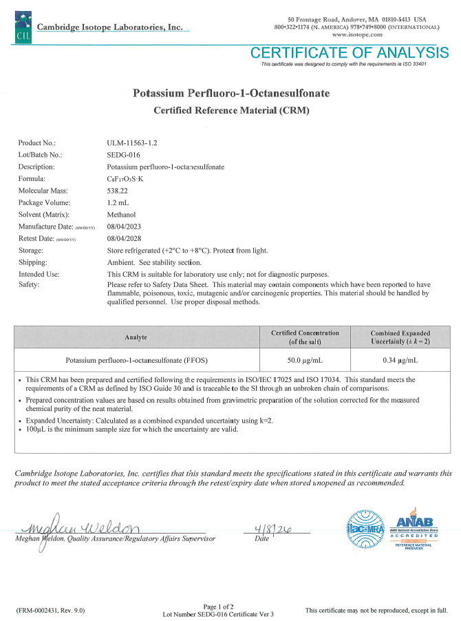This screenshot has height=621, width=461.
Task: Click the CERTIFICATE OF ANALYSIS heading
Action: (x=350, y=53)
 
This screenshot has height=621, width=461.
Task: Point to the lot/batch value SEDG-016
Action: (x=124, y=154)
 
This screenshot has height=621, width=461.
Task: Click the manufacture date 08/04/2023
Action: (x=127, y=226)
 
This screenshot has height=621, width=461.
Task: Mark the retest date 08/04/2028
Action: (x=127, y=238)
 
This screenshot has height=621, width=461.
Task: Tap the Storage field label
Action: (x=31, y=250)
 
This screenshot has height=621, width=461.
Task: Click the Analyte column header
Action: (x=136, y=337)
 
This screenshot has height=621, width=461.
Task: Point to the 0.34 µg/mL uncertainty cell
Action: (x=400, y=359)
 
